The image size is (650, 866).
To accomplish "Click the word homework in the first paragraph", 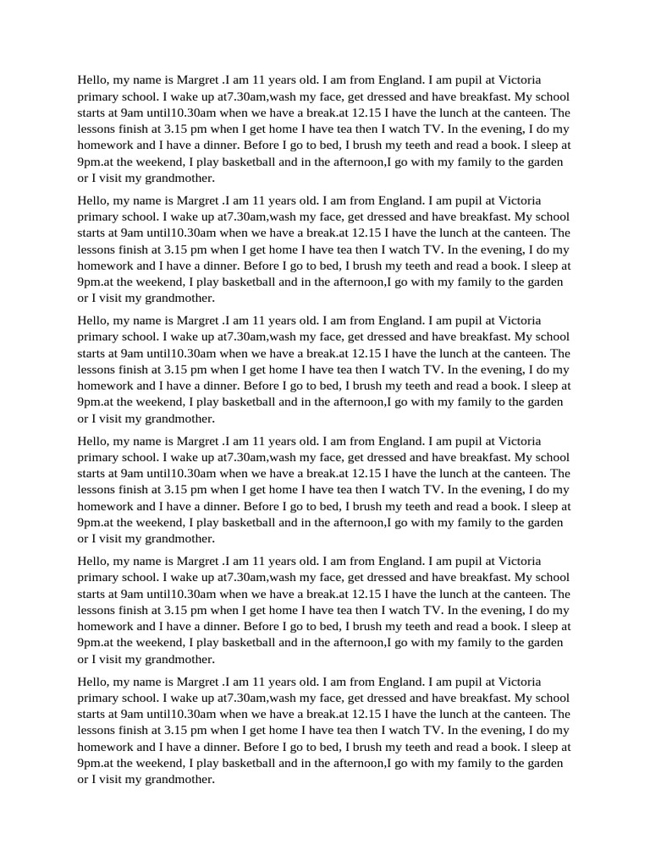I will pos(104,145).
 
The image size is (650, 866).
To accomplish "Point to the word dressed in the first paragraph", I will pos(392,96).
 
